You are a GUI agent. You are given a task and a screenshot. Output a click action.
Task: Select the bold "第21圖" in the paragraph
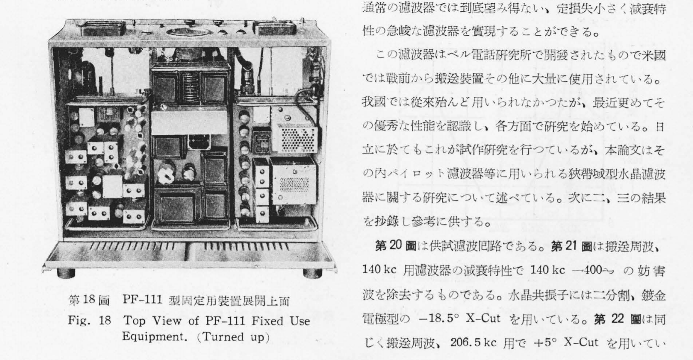click(x=573, y=247)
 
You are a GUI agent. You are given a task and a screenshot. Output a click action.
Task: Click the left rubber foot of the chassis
click(x=66, y=274)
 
